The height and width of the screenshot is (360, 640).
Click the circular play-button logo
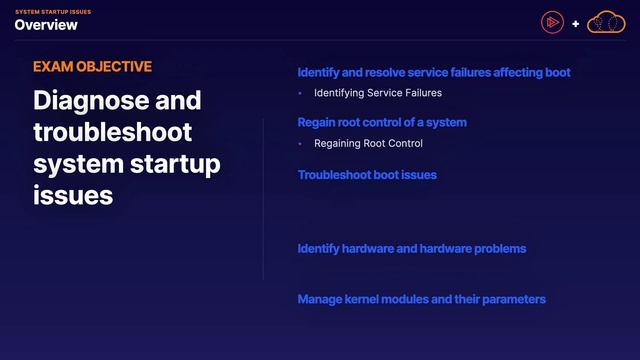point(551,22)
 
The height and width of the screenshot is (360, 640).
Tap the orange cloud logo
point(604,22)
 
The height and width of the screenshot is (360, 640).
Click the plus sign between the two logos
point(576,23)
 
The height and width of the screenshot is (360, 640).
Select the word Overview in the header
point(46,25)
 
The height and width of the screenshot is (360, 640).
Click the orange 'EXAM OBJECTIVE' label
point(92,67)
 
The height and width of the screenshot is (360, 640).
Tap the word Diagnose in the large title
point(81,102)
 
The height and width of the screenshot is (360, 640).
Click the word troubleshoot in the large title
point(112,133)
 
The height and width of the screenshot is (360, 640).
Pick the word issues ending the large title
point(73,195)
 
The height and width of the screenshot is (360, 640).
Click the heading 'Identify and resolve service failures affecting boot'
point(434,73)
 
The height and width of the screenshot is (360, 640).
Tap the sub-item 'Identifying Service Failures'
point(378,93)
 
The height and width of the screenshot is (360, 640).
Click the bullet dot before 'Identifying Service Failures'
point(300,93)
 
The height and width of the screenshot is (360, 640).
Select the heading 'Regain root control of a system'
point(382,123)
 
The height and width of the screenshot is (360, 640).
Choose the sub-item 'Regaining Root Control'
point(368,143)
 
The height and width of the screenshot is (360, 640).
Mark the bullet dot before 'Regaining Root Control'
point(300,143)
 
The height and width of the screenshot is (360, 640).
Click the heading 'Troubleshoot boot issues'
point(367,175)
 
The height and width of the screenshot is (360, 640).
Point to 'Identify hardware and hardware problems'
point(412,248)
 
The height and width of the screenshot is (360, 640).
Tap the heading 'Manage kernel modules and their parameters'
point(422,299)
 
